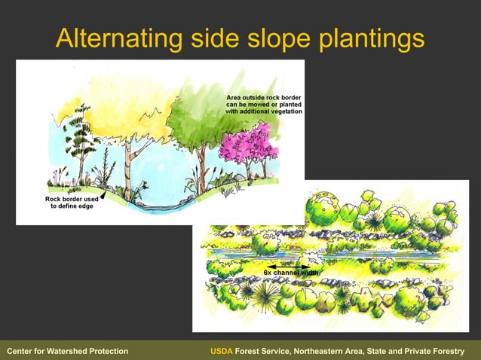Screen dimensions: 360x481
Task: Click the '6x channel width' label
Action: point(291,272)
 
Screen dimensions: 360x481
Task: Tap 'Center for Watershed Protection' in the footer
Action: point(67,352)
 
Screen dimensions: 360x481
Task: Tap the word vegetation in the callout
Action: point(282,111)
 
